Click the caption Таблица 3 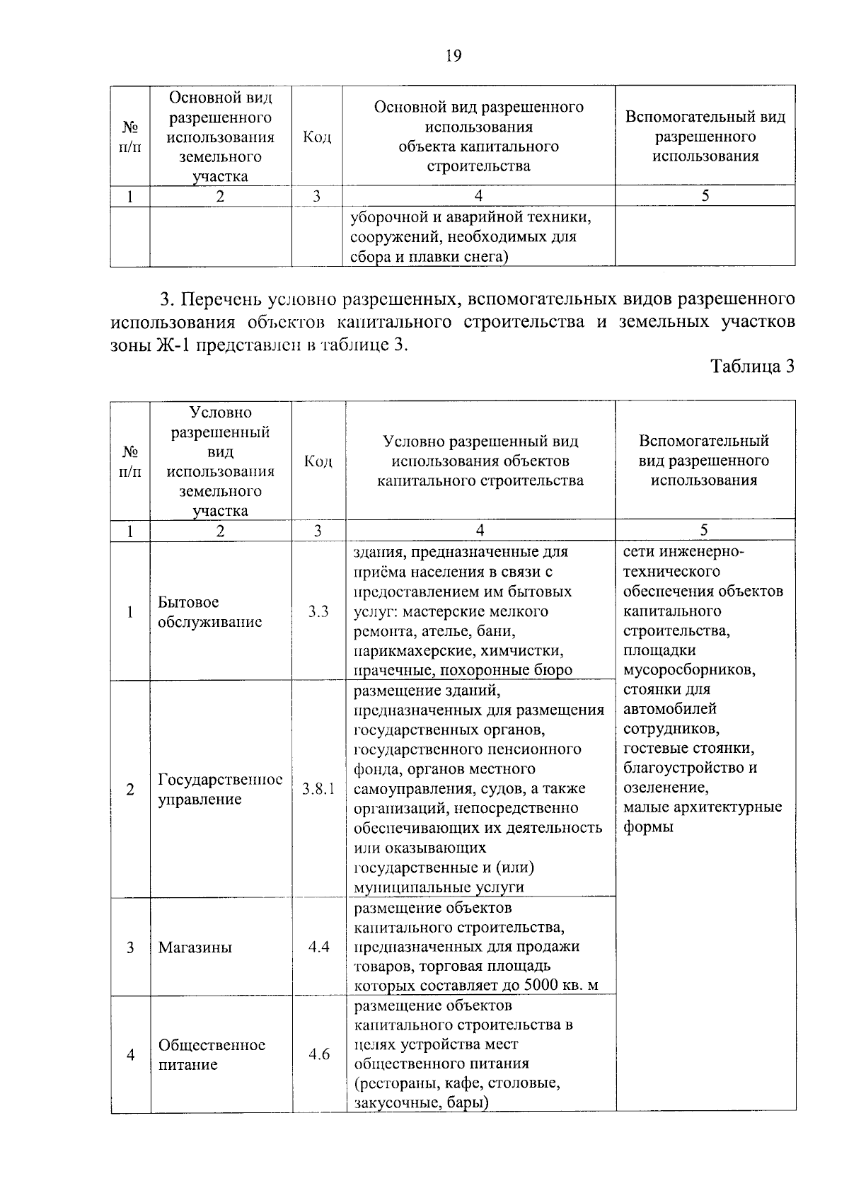752,367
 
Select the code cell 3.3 318,612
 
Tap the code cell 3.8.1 318,789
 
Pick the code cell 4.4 319,947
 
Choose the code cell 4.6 319,1054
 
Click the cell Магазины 195,947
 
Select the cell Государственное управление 220,789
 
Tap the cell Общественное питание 212,1054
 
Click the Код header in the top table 317,137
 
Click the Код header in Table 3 318,461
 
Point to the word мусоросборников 689,669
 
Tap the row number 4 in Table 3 131,1055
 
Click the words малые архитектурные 703,807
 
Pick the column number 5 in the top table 705,196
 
